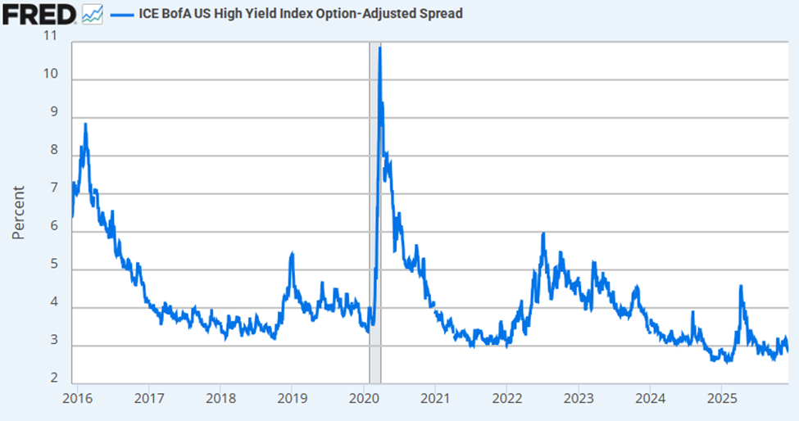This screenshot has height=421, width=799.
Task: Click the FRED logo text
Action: coord(39,13)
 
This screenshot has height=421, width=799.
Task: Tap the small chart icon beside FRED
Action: coord(92,13)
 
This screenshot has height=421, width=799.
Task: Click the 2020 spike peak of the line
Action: coord(380,48)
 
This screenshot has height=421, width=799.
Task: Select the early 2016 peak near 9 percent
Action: coord(86,124)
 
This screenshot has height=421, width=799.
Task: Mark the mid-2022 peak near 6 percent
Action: coord(543,234)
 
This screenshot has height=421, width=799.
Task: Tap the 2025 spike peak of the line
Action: coord(741,286)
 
